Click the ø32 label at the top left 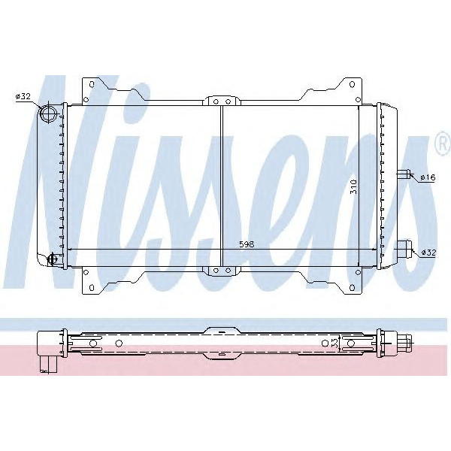pyautogui.click(x=23, y=96)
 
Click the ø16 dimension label pyautogui.click(x=428, y=177)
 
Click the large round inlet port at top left pyautogui.click(x=49, y=114)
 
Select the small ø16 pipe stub pyautogui.click(x=405, y=176)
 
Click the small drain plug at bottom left pyautogui.click(x=52, y=259)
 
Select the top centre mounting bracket pyautogui.click(x=221, y=98)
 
